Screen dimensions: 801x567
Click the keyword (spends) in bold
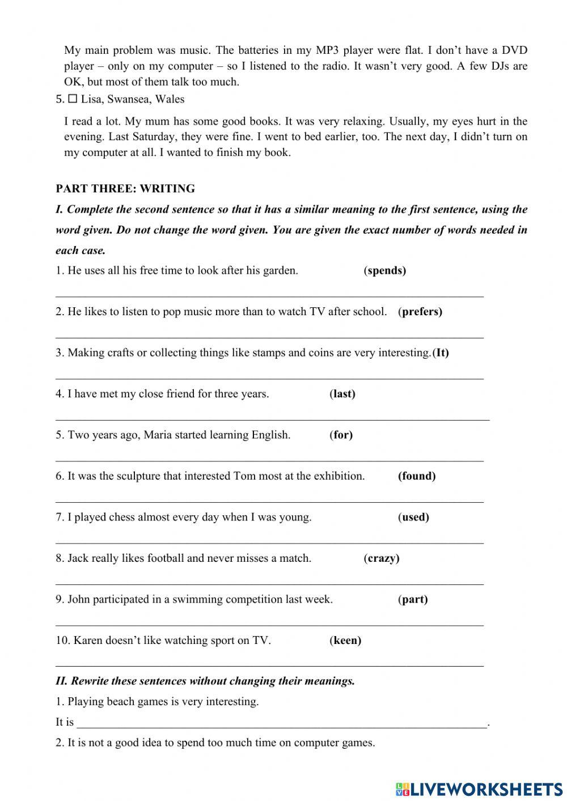click(385, 270)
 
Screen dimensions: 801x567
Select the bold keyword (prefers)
click(420, 311)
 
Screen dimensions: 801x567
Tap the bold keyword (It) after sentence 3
click(441, 353)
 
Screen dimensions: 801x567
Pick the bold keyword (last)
click(342, 394)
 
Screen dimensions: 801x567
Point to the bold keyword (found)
click(417, 476)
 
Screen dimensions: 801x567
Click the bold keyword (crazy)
click(382, 558)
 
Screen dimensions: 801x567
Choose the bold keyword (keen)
click(345, 641)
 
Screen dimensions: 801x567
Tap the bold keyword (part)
click(413, 599)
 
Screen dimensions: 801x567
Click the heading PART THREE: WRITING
click(125, 189)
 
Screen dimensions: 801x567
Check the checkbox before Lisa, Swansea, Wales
click(73, 99)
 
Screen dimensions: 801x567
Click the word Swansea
click(128, 99)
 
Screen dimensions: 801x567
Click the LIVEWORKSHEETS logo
click(479, 788)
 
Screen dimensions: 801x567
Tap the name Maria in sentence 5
click(158, 435)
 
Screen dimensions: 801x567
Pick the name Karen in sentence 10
click(88, 641)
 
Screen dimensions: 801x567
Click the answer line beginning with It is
click(282, 723)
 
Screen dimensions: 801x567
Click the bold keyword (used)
click(413, 517)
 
